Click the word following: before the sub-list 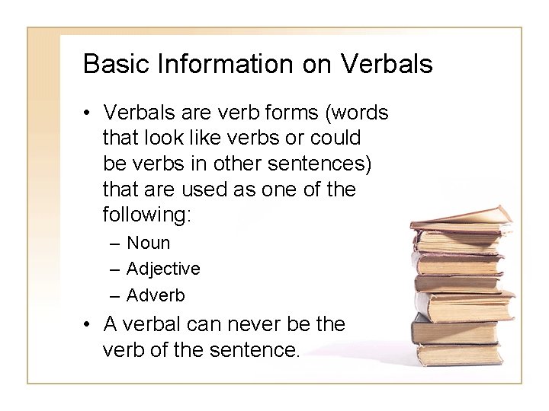[x=147, y=215]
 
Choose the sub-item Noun [x=149, y=244]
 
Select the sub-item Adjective [x=163, y=269]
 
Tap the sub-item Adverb [x=156, y=294]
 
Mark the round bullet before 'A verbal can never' [x=90, y=325]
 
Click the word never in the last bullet [x=258, y=325]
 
